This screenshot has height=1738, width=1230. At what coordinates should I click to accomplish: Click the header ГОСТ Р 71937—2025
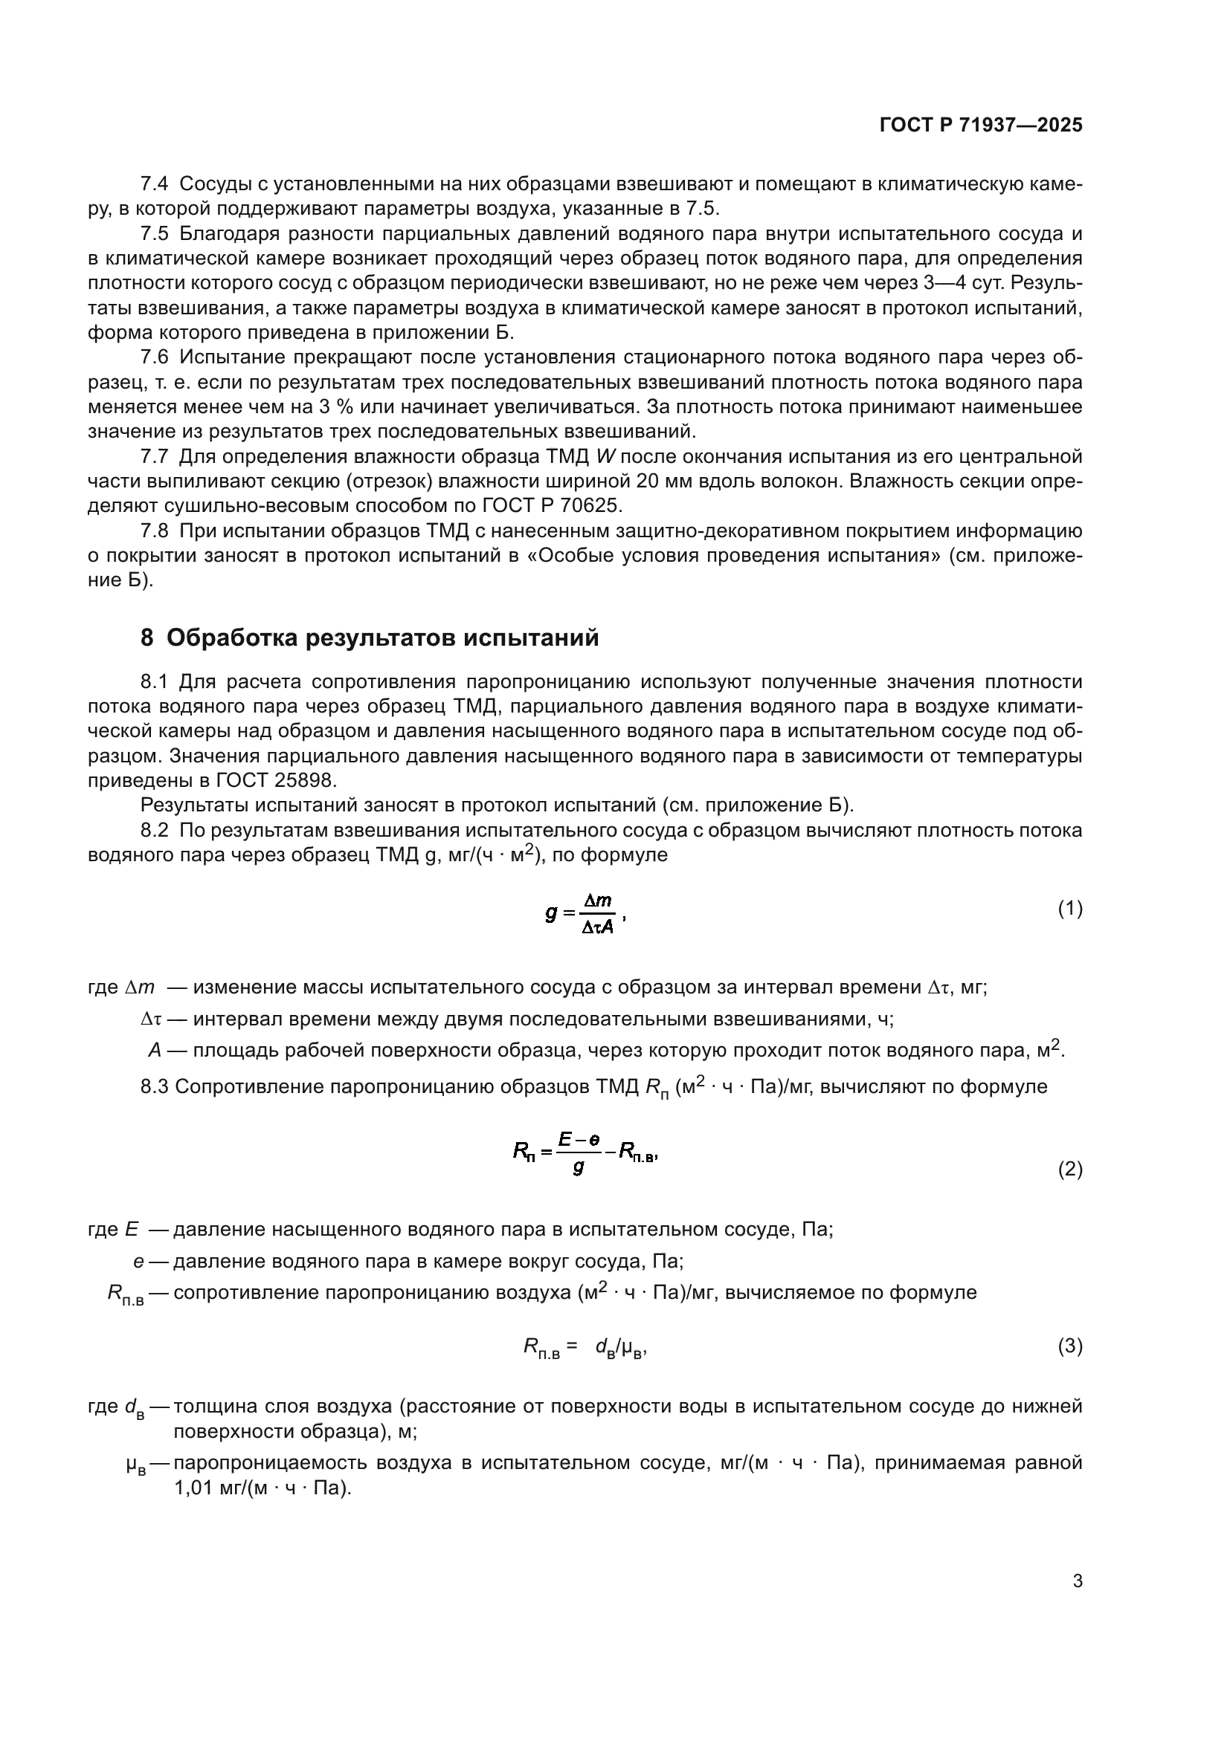pos(981,126)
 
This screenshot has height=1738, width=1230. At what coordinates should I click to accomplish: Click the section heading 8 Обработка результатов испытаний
pos(370,638)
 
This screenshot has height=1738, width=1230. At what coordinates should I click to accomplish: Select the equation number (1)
pos(1069,908)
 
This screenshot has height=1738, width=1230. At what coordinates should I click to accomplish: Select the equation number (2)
pos(1069,1170)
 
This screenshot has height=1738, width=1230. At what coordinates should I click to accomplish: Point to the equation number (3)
pos(1069,1346)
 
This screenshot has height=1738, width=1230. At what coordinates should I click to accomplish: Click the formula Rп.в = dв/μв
pos(585,1346)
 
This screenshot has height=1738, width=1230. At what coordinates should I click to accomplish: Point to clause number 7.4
pos(155,184)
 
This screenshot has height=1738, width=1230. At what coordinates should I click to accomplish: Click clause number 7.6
pos(155,357)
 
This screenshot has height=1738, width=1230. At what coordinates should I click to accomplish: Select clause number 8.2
pos(155,831)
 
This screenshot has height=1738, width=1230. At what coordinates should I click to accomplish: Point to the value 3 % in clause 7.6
pos(336,407)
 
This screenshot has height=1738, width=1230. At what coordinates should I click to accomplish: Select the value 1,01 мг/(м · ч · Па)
pos(262,1488)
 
